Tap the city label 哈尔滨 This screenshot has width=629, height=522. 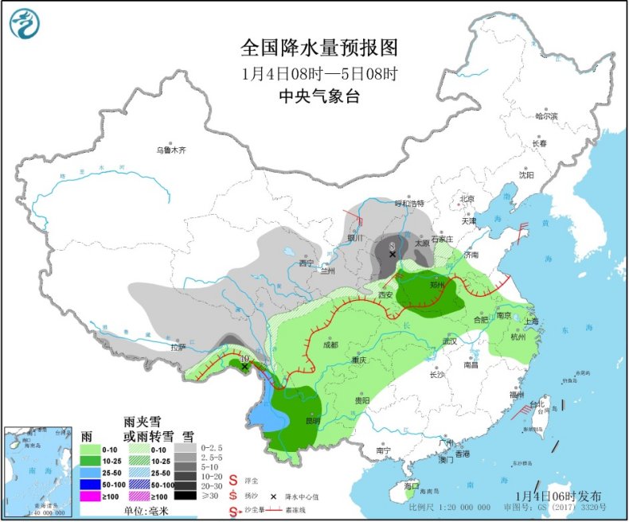(x=546, y=116)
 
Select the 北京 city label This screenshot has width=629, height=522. (x=466, y=199)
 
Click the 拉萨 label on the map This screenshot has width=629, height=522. (x=178, y=347)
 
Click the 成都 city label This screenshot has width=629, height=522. (x=330, y=345)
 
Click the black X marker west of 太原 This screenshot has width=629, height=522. (x=392, y=255)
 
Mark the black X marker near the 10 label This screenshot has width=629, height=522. (x=244, y=366)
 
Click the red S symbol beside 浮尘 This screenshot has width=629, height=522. (x=233, y=481)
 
